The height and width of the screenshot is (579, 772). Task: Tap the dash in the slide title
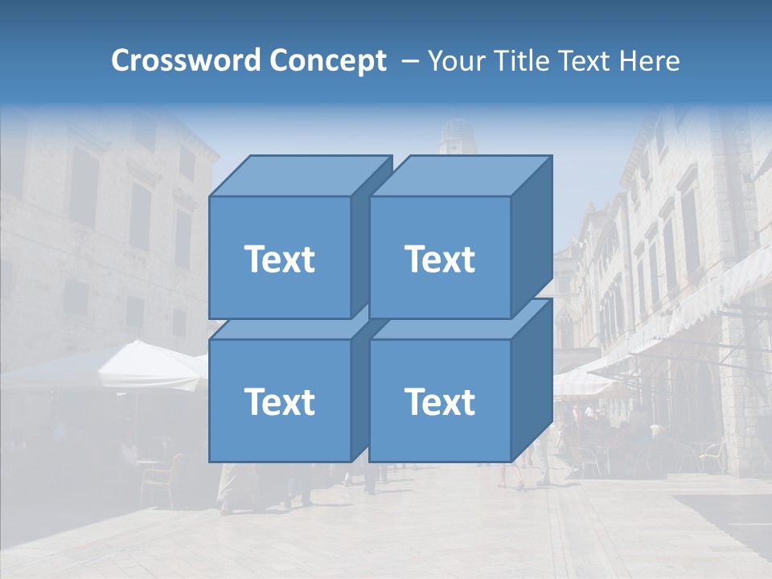click(x=409, y=60)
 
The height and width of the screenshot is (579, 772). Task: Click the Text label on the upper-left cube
click(x=280, y=259)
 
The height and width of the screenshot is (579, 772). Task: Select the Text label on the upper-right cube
click(x=440, y=259)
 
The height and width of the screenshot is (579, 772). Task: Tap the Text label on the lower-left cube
click(x=280, y=401)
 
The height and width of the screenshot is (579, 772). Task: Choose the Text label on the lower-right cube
click(x=440, y=401)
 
